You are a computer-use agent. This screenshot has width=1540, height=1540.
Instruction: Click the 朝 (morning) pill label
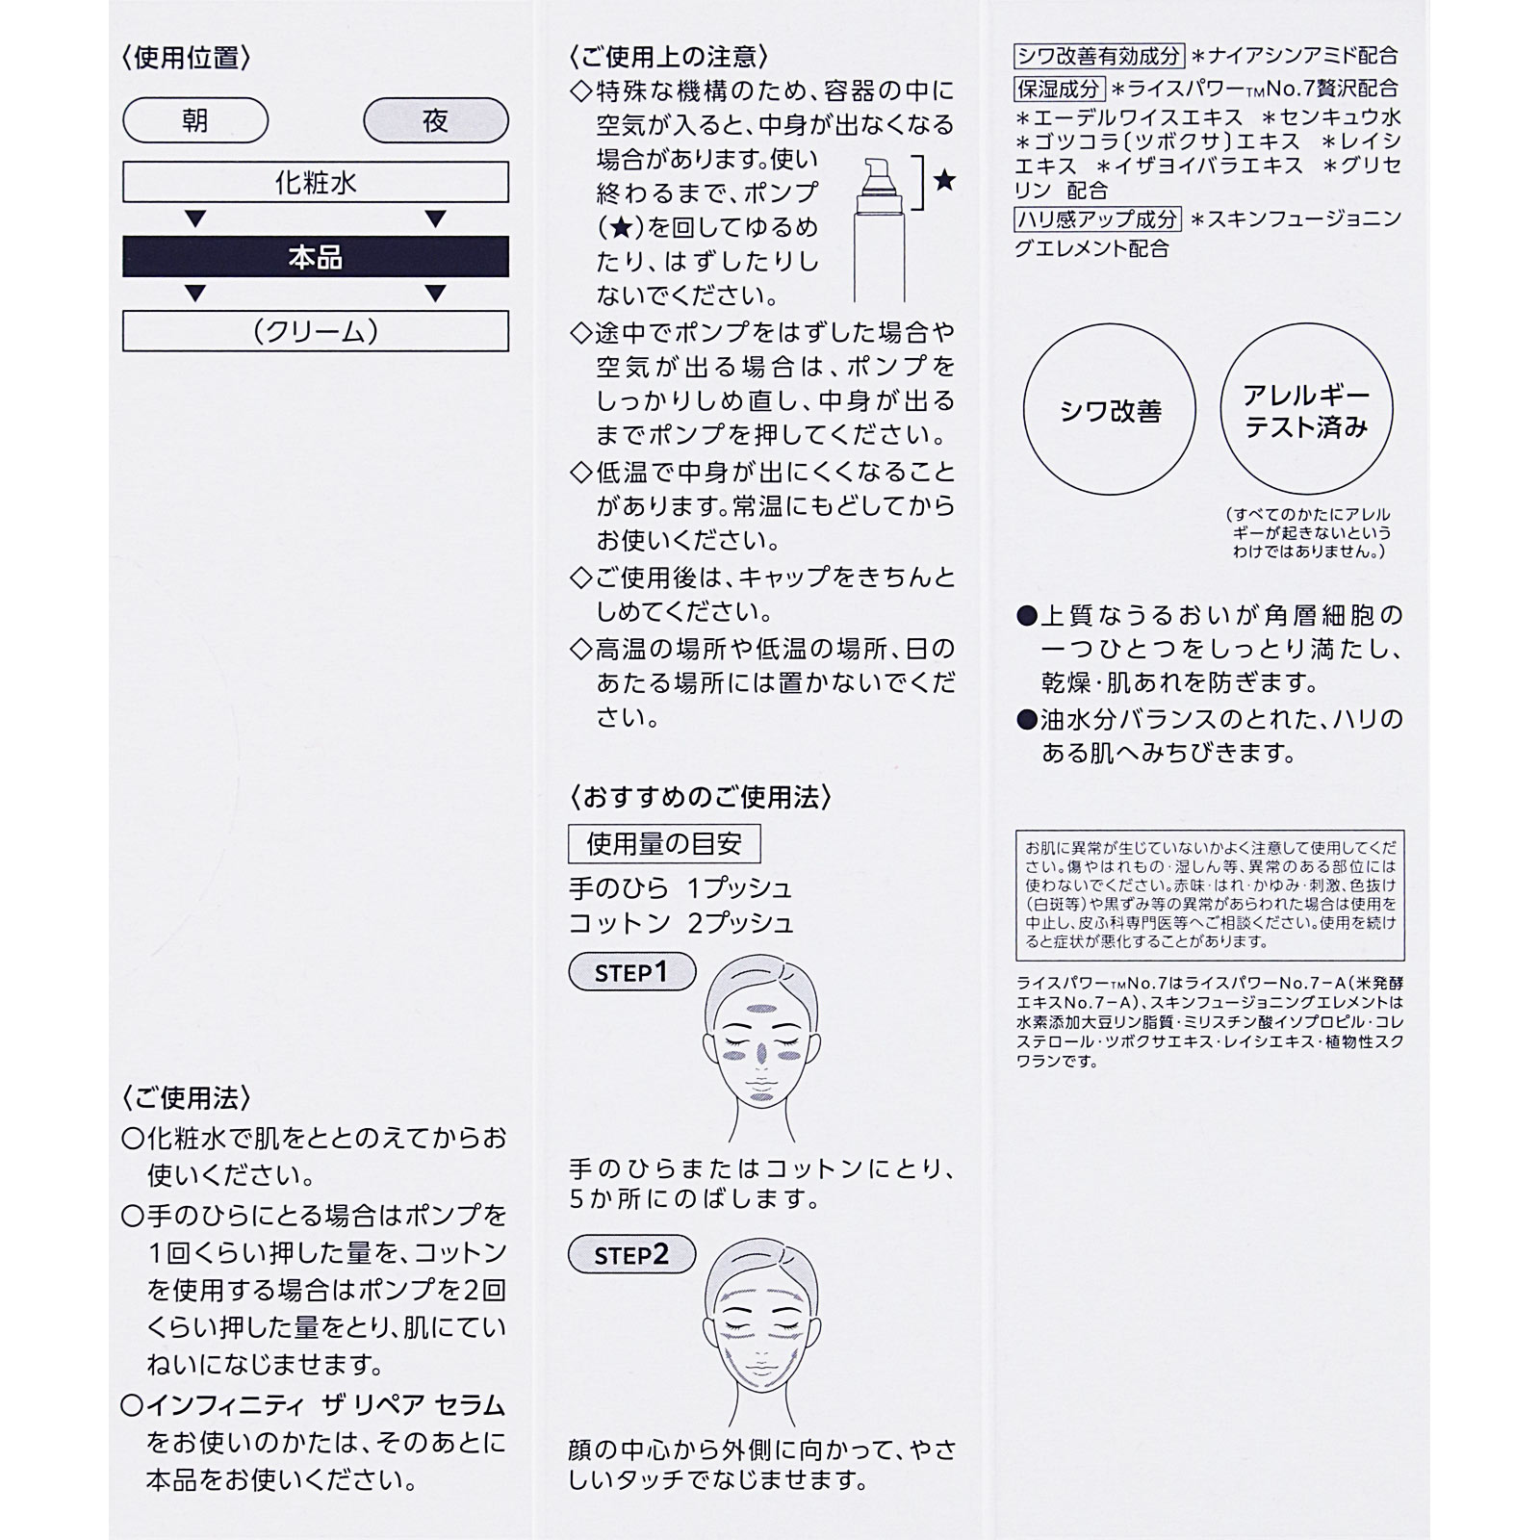[x=195, y=121]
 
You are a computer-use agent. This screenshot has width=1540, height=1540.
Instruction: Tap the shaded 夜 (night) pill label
[x=435, y=121]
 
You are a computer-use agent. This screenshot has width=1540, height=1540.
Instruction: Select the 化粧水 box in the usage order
[x=315, y=182]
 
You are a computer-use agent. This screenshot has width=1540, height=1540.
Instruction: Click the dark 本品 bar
[x=315, y=257]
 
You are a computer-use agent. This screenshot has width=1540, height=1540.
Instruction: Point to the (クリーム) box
[x=315, y=331]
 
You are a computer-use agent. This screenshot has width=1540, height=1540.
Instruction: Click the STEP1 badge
[x=631, y=972]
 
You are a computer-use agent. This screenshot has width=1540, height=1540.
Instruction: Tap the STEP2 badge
[x=631, y=1254]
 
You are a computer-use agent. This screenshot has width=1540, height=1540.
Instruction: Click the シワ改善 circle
[x=1109, y=411]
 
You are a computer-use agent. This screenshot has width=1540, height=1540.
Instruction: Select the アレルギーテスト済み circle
[x=1306, y=411]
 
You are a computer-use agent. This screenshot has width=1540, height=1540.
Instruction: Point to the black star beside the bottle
[x=944, y=180]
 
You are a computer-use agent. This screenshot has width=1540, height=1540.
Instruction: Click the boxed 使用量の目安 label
[x=664, y=844]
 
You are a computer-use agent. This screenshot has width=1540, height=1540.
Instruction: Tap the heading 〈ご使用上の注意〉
[x=669, y=57]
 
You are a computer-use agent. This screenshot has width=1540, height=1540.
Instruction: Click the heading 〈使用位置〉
[x=187, y=58]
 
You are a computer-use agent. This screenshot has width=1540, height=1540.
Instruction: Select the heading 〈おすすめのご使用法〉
[x=700, y=797]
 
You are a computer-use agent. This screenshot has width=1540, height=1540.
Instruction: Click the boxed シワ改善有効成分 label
[x=1098, y=56]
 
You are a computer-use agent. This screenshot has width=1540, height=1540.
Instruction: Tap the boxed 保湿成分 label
[x=1060, y=89]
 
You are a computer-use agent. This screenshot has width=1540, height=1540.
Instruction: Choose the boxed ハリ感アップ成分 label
[x=1098, y=218]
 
